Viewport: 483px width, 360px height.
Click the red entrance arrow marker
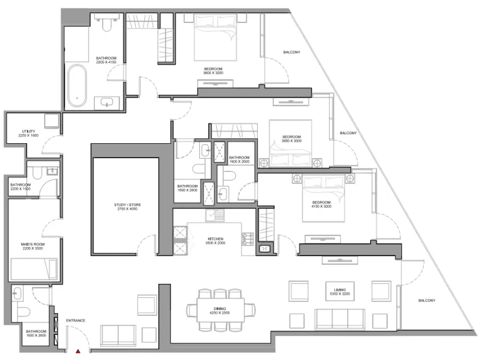77,351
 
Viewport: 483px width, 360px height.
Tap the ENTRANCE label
75,320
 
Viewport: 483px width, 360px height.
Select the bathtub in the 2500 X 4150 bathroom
76,85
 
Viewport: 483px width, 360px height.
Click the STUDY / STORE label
126,207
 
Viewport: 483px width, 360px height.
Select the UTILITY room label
28,133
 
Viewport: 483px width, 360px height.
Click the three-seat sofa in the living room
341,319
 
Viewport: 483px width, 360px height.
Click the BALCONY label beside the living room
427,300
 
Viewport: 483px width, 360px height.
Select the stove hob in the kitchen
248,239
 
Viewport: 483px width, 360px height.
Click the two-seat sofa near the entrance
118,334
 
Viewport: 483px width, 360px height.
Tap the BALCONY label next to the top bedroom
291,53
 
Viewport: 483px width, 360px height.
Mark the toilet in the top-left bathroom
107,24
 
